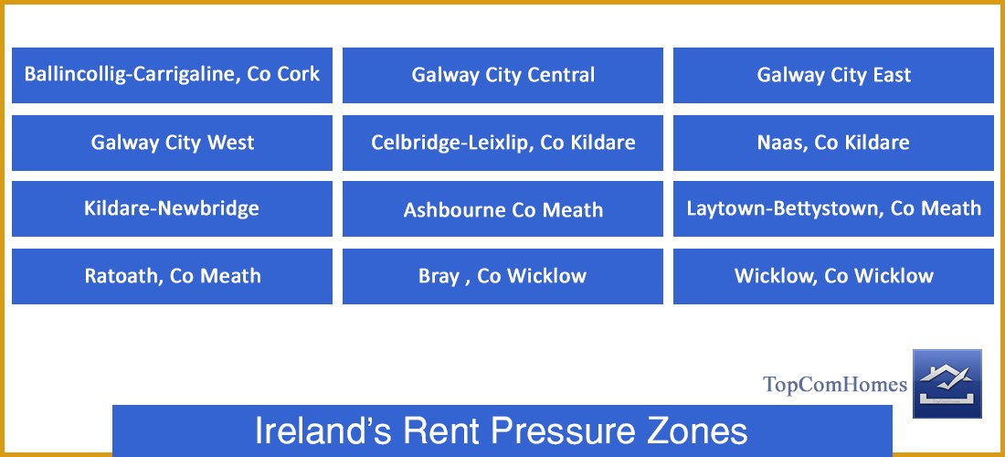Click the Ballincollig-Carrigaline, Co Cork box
pyautogui.click(x=172, y=75)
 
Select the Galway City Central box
pyautogui.click(x=503, y=75)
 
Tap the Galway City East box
pyautogui.click(x=833, y=75)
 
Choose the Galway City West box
pyautogui.click(x=172, y=143)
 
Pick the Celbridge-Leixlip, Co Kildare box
pyautogui.click(x=503, y=143)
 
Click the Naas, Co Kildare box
pyautogui.click(x=833, y=143)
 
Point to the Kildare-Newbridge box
pyautogui.click(x=172, y=208)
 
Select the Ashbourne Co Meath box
pyautogui.click(x=503, y=209)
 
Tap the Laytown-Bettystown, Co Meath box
pyautogui.click(x=833, y=208)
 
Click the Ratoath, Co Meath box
pyautogui.click(x=172, y=276)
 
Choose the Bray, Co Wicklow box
pyautogui.click(x=503, y=276)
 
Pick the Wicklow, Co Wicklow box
pyautogui.click(x=833, y=276)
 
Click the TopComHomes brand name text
pyautogui.click(x=835, y=385)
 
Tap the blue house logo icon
pyautogui.click(x=947, y=383)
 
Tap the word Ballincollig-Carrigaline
pyautogui.click(x=132, y=75)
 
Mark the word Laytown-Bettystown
pyautogui.click(x=785, y=208)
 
